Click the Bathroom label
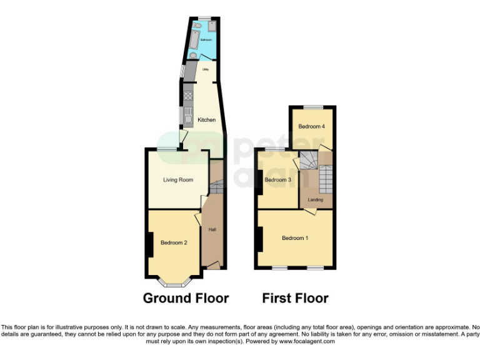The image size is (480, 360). click(x=206, y=39)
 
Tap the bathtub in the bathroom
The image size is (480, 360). click(x=194, y=42)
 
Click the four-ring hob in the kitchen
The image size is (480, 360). click(x=187, y=96)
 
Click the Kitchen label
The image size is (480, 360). click(x=206, y=119)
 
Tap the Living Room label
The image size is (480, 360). click(x=178, y=180)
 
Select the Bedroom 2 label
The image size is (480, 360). click(x=174, y=242)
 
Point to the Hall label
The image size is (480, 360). click(x=212, y=230)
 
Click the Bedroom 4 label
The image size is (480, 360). click(x=311, y=126)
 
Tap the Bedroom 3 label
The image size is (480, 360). click(x=277, y=180)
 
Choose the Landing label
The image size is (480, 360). click(x=316, y=200)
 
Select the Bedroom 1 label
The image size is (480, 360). click(x=295, y=238)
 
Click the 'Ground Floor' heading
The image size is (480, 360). click(x=186, y=298)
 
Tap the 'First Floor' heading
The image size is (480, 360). click(x=295, y=298)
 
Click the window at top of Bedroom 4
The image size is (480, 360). click(x=312, y=107)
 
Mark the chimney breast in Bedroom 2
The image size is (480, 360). click(x=150, y=244)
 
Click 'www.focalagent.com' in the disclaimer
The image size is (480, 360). click(x=307, y=342)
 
